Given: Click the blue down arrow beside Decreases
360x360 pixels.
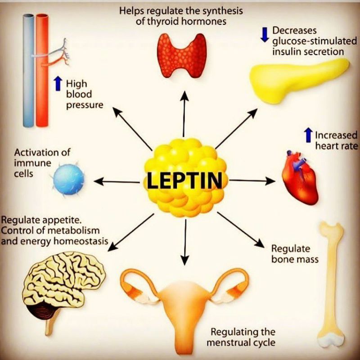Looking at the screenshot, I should click(x=265, y=34).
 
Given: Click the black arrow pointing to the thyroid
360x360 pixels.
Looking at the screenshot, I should click(x=184, y=112).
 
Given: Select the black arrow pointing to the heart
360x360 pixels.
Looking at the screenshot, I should click(x=252, y=180).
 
